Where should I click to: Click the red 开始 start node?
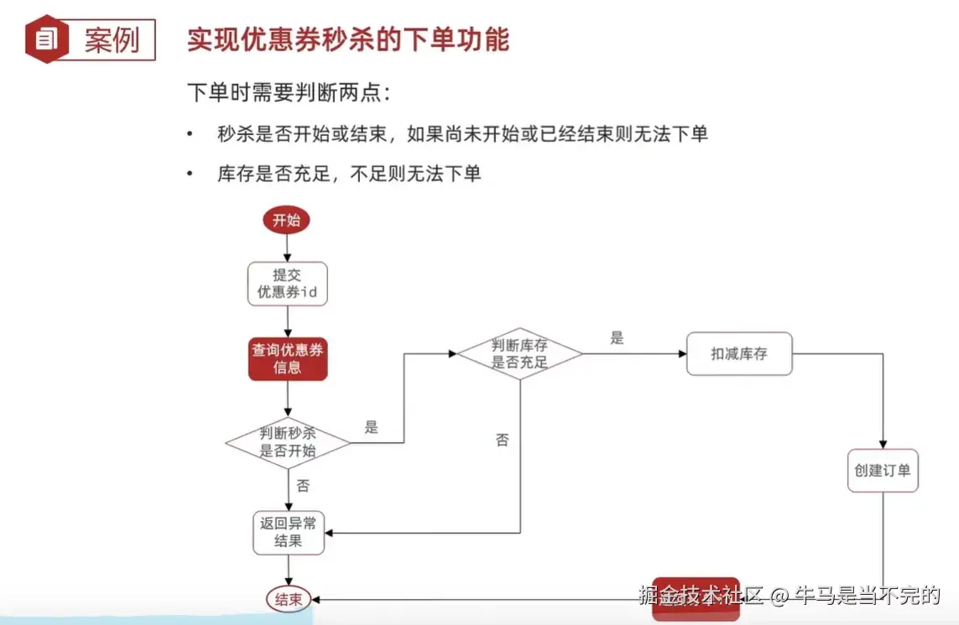click(x=286, y=221)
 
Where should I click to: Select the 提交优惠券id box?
click(x=287, y=284)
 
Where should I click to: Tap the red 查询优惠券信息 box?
click(x=287, y=358)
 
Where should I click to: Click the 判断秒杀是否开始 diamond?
click(x=288, y=442)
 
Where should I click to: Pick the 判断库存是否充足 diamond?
click(x=519, y=353)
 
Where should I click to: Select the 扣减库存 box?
click(x=738, y=353)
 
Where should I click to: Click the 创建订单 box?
click(x=882, y=471)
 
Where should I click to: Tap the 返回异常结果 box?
click(x=288, y=532)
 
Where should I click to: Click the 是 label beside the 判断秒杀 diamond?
click(x=372, y=427)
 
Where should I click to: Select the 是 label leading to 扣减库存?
click(x=617, y=338)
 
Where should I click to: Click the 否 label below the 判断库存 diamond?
click(x=502, y=440)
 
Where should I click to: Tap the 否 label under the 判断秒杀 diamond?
click(x=303, y=485)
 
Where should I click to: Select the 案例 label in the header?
click(x=112, y=40)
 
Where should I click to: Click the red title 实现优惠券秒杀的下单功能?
click(x=347, y=39)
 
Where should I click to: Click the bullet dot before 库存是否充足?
click(x=190, y=174)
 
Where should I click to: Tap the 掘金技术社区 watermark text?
click(x=700, y=596)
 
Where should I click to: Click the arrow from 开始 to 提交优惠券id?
click(x=287, y=247)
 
